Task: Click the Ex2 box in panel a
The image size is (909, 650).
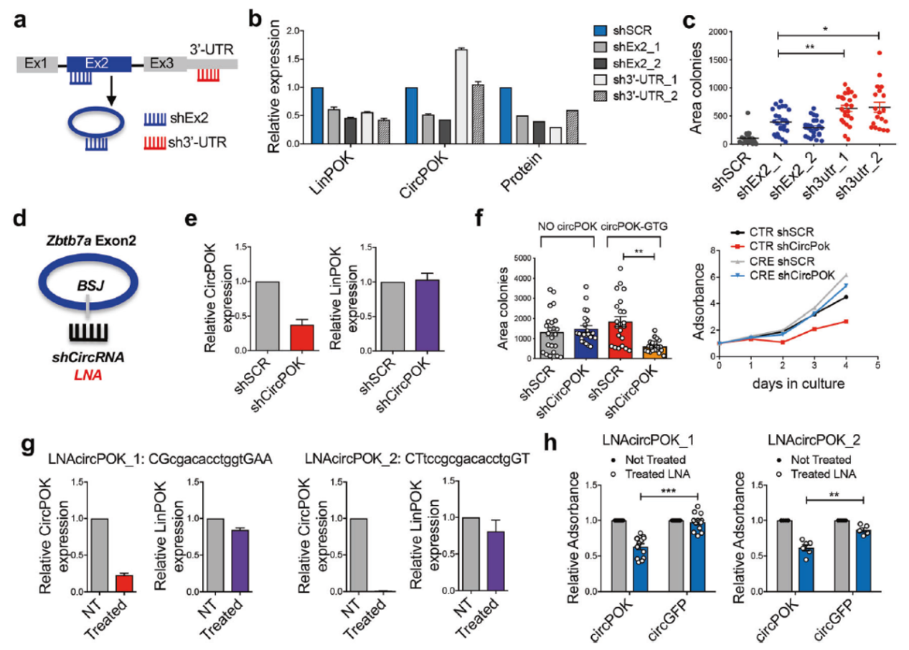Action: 98,64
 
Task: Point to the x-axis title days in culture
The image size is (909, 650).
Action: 799,385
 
